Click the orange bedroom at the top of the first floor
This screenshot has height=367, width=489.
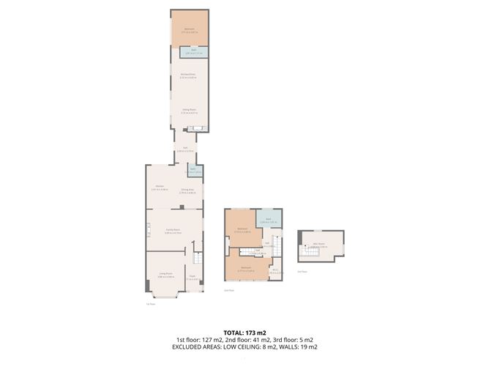pyautogui.click(x=190, y=29)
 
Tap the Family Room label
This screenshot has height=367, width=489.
pyautogui.click(x=173, y=231)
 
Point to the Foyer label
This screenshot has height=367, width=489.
pyautogui.click(x=192, y=277)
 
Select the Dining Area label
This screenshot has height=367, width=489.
pyautogui.click(x=187, y=190)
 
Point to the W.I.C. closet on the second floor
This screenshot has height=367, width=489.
pyautogui.click(x=275, y=272)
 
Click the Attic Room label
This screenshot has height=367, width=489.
pyautogui.click(x=318, y=245)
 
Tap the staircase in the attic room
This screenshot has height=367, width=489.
pyautogui.click(x=306, y=253)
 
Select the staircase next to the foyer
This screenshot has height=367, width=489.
pyautogui.click(x=196, y=259)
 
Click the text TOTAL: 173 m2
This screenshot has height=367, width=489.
pyautogui.click(x=244, y=333)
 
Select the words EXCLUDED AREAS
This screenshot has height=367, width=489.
pyautogui.click(x=195, y=347)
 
